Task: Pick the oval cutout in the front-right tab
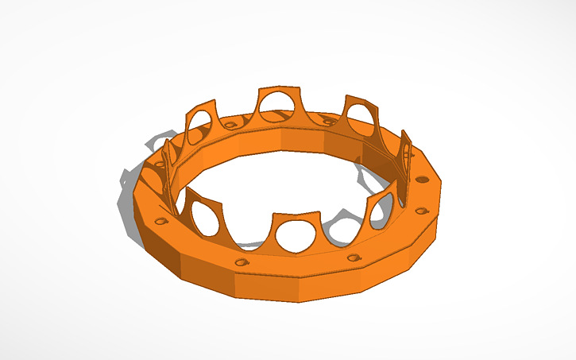click(x=379, y=213)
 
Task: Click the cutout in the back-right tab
click(x=361, y=118)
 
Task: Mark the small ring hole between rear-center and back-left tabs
click(x=230, y=125)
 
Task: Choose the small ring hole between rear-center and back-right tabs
click(x=326, y=121)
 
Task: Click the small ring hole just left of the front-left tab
click(x=161, y=220)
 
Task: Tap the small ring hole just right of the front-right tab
click(x=422, y=211)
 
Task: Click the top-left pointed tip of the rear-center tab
click(x=256, y=89)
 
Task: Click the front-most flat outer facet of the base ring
click(x=270, y=286)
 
